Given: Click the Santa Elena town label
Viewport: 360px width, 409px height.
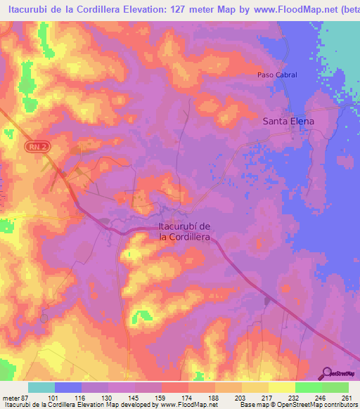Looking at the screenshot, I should (288, 121).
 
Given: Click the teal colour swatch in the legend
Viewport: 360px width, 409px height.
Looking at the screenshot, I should (41, 387).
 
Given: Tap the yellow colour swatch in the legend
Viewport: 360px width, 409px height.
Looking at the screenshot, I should (281, 387).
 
